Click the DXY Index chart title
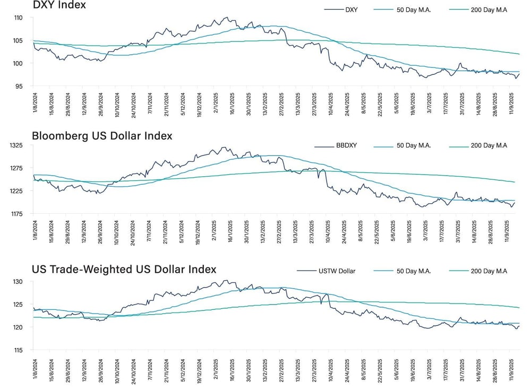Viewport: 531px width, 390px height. click(x=59, y=5)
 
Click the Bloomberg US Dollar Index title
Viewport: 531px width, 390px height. click(x=102, y=136)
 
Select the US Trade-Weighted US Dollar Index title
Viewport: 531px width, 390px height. click(x=124, y=269)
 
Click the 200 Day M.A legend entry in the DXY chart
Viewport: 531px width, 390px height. click(x=489, y=10)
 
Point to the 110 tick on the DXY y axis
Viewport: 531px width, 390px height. click(x=18, y=18)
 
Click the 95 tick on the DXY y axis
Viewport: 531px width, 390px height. click(x=20, y=86)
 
